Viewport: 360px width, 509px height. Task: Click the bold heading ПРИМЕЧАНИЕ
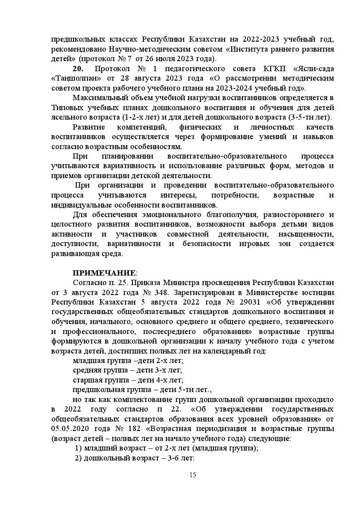point(104,272)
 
